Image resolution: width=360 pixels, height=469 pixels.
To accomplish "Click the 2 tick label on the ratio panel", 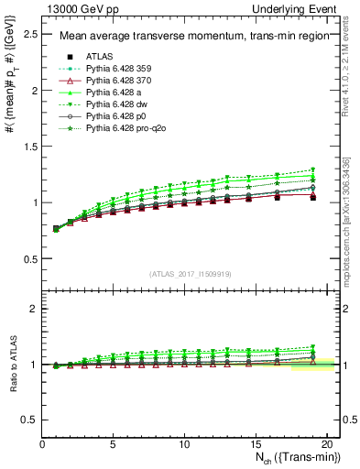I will click(x=34, y=309).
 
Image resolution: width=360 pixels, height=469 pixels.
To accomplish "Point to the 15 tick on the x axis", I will click(x=256, y=443).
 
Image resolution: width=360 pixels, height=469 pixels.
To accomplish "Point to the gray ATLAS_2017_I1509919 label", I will click(x=189, y=273).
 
